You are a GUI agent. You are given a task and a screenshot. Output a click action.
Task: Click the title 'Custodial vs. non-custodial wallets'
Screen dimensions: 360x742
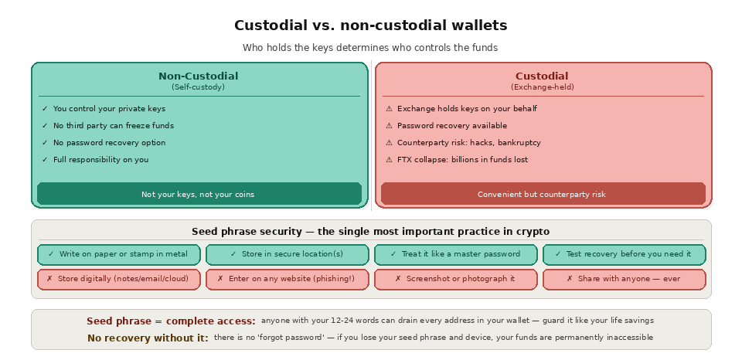370,25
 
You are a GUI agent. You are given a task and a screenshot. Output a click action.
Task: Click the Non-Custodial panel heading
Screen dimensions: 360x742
198,76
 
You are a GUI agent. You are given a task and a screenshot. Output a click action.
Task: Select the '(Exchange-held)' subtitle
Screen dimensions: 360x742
542,87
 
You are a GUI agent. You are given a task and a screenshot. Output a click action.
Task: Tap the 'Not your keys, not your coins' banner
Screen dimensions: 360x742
198,194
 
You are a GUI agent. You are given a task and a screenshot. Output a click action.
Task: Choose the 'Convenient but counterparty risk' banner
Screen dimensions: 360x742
542,194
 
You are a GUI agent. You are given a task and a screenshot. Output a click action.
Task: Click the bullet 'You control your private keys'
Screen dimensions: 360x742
109,109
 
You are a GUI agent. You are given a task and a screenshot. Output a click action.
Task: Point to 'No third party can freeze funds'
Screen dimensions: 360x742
113,126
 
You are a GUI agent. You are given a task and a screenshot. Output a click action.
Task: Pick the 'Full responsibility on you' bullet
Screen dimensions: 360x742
100,160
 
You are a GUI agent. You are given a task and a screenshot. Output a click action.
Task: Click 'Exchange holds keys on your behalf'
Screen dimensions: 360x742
467,109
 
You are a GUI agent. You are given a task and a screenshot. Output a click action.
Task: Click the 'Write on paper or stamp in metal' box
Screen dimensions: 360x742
118,254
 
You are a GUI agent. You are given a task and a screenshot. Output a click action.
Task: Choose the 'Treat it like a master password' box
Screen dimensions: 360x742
456,254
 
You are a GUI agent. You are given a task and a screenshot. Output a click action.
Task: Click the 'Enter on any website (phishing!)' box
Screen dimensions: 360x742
287,279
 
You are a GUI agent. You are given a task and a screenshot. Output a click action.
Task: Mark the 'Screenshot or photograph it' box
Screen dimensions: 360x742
456,279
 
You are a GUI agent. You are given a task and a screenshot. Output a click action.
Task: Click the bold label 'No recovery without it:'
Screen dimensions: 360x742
148,338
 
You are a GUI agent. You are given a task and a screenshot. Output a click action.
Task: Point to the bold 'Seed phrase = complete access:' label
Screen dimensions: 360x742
171,321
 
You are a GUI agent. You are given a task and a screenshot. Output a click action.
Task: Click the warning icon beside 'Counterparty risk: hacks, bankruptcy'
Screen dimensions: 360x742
389,143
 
